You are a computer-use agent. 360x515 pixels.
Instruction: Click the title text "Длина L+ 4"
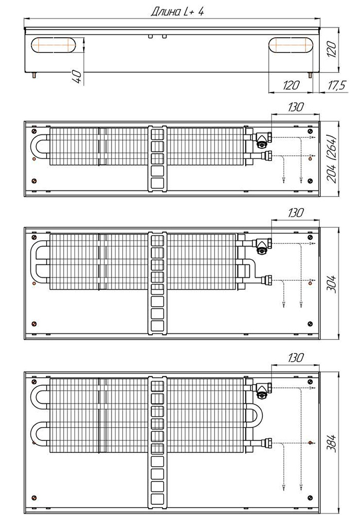pyautogui.click(x=177, y=12)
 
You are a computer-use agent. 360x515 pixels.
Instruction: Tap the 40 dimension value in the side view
pyautogui.click(x=77, y=77)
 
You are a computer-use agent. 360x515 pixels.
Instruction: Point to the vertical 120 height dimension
pyautogui.click(x=332, y=49)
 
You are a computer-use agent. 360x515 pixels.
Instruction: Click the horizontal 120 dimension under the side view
pyautogui.click(x=291, y=85)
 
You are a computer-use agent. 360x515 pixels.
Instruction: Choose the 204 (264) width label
pyautogui.click(x=332, y=158)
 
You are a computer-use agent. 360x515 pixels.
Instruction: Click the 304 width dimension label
pyautogui.click(x=332, y=284)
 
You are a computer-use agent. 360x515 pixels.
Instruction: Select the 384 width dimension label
pyautogui.click(x=332, y=443)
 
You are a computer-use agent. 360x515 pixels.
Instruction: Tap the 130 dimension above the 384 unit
pyautogui.click(x=296, y=358)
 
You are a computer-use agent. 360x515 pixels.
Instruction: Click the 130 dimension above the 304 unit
pyautogui.click(x=296, y=213)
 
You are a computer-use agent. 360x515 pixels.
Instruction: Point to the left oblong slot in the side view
pyautogui.click(x=53, y=45)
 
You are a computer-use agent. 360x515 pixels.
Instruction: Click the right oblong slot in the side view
pyautogui.click(x=291, y=45)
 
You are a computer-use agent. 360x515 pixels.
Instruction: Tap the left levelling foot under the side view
pyautogui.click(x=34, y=75)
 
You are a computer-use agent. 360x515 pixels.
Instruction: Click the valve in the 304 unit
pyautogui.click(x=262, y=245)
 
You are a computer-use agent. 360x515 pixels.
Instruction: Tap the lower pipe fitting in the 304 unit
pyautogui.click(x=266, y=280)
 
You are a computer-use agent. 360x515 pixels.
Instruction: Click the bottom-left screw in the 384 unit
pyautogui.click(x=34, y=498)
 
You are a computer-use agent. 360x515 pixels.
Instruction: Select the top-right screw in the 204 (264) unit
pyautogui.click(x=310, y=131)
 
